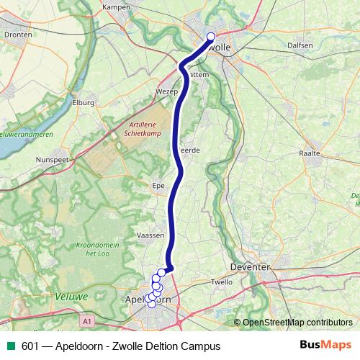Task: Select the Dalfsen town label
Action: coord(300,45)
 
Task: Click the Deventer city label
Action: coord(249,266)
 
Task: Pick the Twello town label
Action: coord(221,282)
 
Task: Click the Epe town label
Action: coord(160,184)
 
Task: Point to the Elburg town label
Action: coord(84,103)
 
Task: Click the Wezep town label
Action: coord(166,92)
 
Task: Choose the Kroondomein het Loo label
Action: coord(96,249)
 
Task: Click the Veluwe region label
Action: coord(71,296)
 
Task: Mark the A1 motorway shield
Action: coord(87,320)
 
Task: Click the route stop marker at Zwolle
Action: coord(211,37)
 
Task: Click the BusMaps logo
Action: coord(325,345)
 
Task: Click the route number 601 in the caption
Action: coord(30,346)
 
